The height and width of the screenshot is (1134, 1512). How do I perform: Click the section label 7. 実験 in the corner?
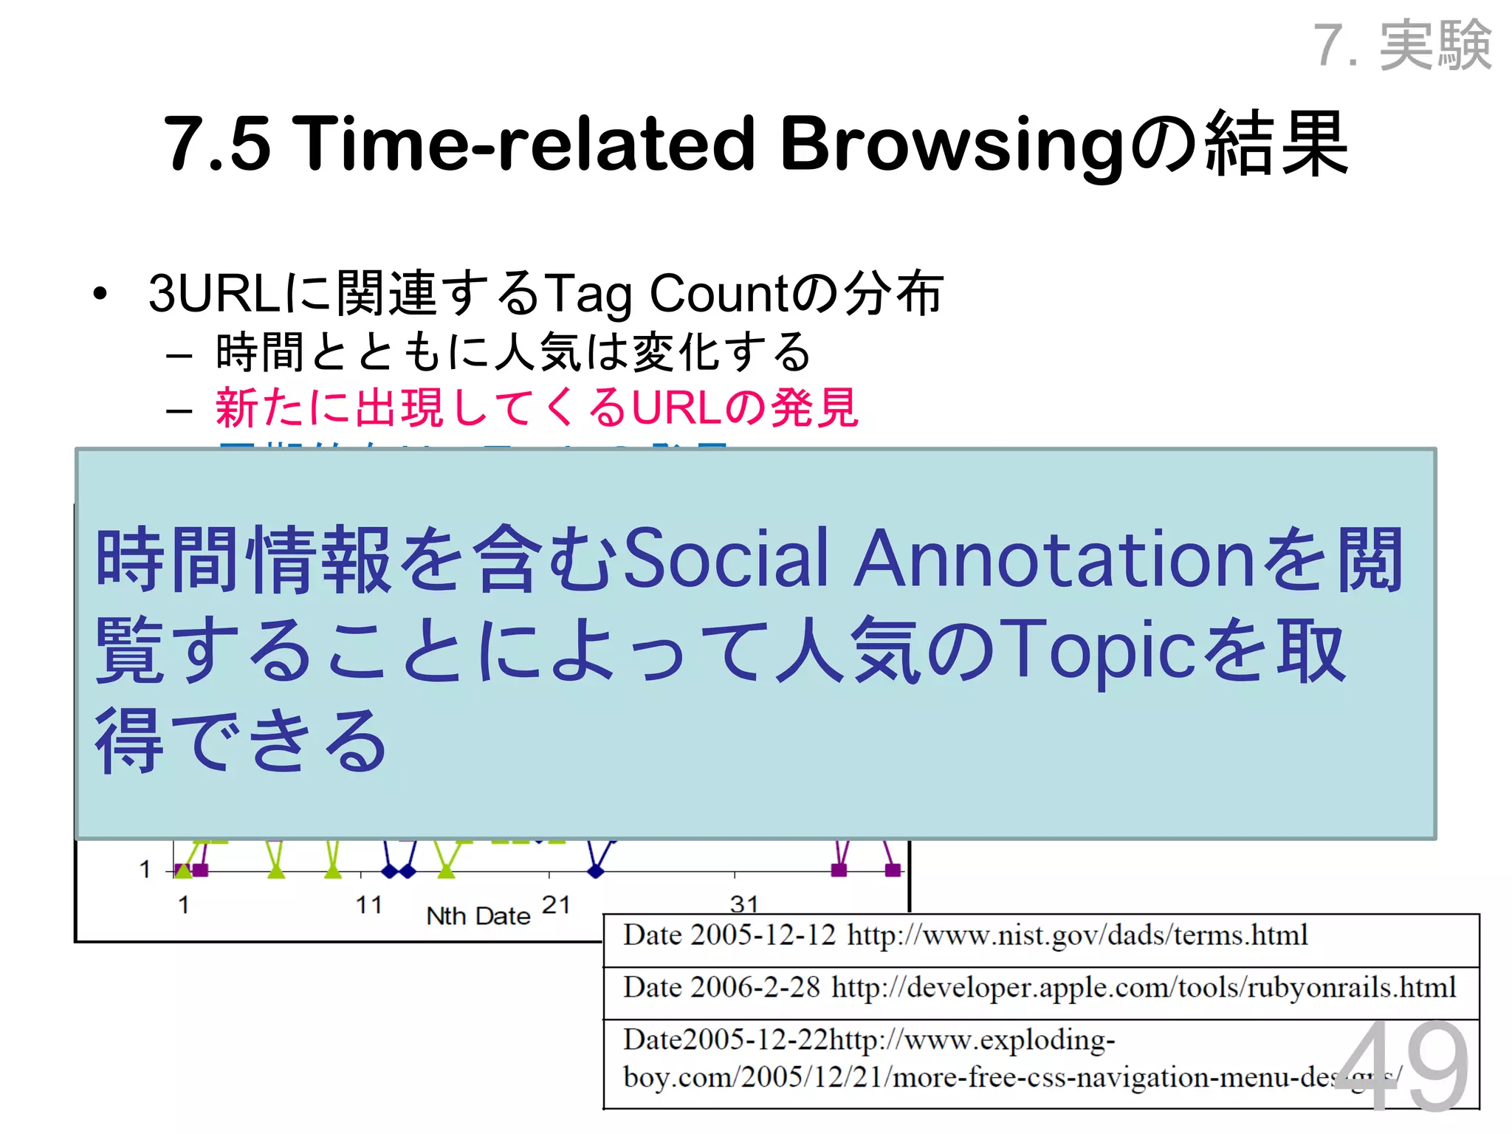coord(1403,46)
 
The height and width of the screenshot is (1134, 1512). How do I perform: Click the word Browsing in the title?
coord(952,144)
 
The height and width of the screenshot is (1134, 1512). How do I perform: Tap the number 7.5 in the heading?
coord(216,144)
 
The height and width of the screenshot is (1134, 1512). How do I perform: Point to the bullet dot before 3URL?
coord(100,295)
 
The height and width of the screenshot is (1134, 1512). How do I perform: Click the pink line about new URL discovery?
coord(537,408)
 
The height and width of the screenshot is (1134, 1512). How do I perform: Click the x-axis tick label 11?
coord(368,905)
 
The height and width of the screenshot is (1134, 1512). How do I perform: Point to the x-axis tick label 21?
coord(555,905)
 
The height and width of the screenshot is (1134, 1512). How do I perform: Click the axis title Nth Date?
coord(478,916)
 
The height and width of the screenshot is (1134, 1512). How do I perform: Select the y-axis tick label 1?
coord(145,870)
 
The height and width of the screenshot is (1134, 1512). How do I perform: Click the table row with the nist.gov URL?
coord(1041,937)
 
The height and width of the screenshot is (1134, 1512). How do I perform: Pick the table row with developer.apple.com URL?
coord(1041,989)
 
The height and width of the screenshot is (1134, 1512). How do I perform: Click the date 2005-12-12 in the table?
coord(763,936)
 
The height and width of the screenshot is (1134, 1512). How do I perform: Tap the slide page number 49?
coord(1402,1067)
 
